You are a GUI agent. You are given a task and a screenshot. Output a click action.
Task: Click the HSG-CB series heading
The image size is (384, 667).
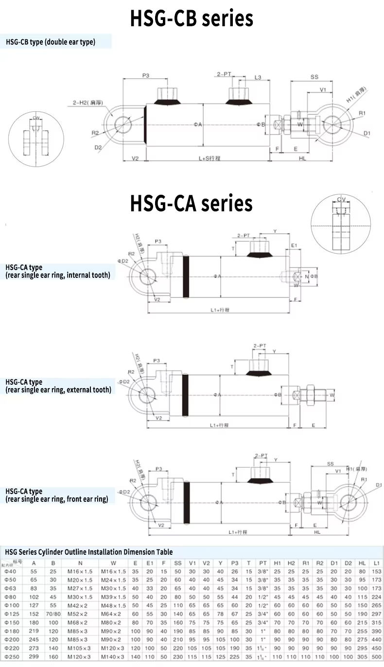click(x=192, y=18)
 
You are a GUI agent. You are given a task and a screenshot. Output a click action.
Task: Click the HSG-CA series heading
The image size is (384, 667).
click(x=191, y=203)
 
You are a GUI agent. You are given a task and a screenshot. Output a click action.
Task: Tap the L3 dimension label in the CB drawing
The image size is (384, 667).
click(x=258, y=77)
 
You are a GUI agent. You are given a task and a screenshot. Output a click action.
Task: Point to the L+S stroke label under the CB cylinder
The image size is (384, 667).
click(x=210, y=158)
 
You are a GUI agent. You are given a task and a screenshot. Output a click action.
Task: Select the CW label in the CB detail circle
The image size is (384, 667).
click(x=36, y=118)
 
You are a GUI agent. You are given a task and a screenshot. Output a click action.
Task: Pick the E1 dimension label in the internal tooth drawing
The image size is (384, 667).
click(x=294, y=246)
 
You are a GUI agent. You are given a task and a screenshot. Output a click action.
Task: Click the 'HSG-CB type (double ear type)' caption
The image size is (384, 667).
click(x=51, y=42)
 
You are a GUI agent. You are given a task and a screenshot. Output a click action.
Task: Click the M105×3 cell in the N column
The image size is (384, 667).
click(x=81, y=648)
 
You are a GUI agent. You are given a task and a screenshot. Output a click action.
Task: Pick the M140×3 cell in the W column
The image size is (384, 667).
click(x=113, y=656)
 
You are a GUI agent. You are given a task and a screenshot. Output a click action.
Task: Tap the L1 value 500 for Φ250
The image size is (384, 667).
click(x=377, y=656)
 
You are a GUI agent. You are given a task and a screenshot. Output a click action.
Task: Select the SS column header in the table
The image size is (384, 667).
click(x=178, y=563)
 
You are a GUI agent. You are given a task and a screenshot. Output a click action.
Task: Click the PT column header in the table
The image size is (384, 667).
click(x=263, y=563)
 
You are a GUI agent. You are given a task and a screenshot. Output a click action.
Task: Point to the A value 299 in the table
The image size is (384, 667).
click(x=34, y=656)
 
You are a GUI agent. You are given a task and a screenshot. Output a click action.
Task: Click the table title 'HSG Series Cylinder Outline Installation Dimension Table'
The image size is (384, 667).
click(x=89, y=552)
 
